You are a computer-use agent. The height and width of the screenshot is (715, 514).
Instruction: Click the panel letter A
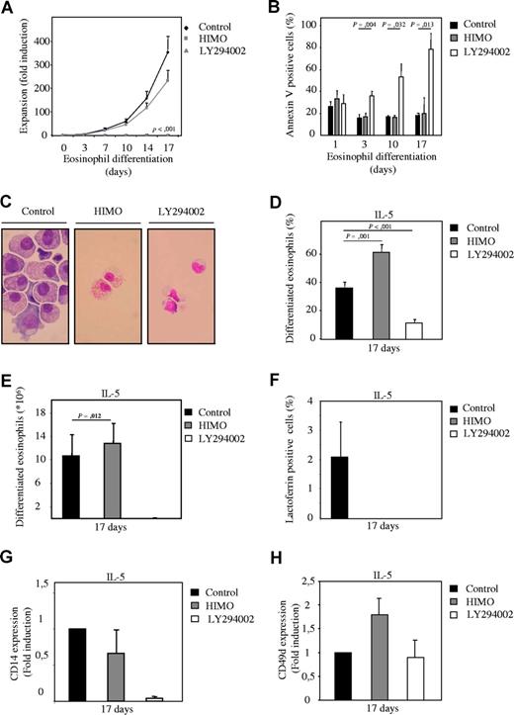[8, 9]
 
